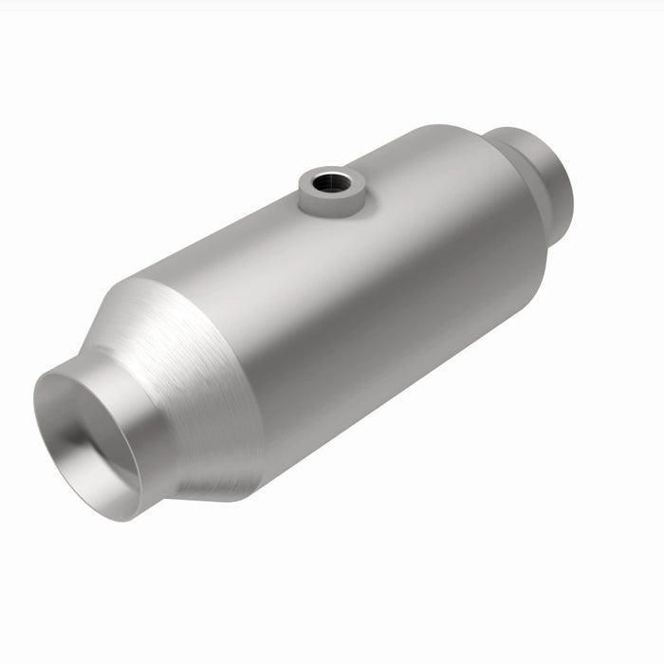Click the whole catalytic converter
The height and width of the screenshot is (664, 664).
tap(313, 323)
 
